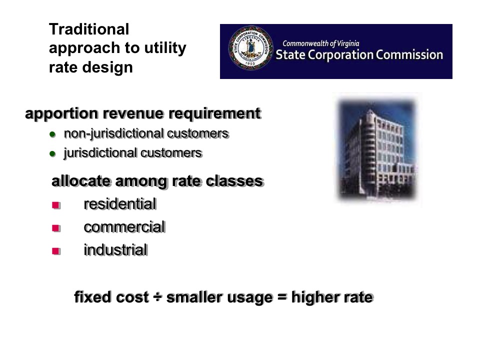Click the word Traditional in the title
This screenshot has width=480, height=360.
coord(89,29)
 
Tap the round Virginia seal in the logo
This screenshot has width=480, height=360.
coord(250,47)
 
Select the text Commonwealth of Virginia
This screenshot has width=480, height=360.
coord(320,44)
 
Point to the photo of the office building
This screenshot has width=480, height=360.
coord(377,149)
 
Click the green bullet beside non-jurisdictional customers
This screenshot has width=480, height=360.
coord(52,134)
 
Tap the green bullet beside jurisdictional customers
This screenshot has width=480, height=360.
coord(52,153)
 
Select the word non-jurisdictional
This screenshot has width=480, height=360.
coord(113,134)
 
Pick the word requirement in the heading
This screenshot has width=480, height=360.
coord(214,113)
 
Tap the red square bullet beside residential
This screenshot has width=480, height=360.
coord(56,205)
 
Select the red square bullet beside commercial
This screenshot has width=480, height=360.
coord(56,228)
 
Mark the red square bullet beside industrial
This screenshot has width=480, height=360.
coord(56,251)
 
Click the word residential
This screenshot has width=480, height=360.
coord(120,204)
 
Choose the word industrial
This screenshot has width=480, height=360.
coord(115,250)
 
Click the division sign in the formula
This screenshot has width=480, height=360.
coord(157,297)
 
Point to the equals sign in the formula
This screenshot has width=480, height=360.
coord(282,297)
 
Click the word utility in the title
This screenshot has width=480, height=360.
coord(165,48)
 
